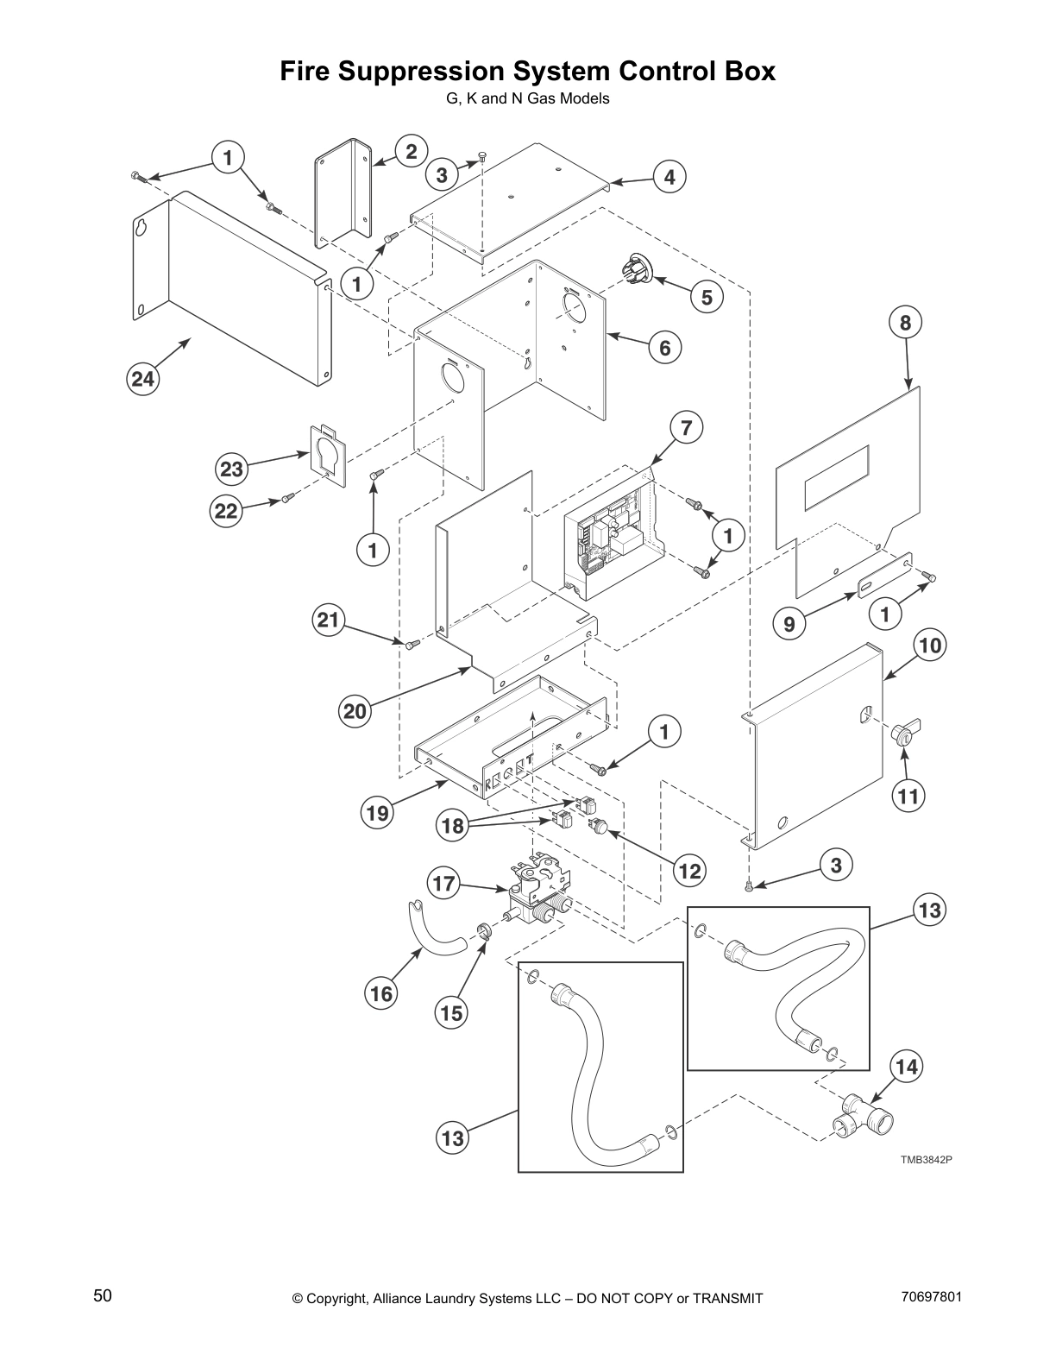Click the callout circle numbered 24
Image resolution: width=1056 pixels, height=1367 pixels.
tap(144, 379)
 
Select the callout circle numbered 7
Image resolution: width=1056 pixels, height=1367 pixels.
tap(686, 427)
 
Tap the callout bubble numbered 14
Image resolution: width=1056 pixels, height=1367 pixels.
tap(906, 1067)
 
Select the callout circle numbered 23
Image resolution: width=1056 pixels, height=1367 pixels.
tap(232, 469)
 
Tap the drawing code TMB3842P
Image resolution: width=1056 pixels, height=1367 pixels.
tap(926, 1160)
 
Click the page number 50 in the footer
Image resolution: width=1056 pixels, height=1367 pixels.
tap(103, 1295)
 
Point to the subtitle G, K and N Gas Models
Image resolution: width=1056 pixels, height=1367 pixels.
tap(527, 98)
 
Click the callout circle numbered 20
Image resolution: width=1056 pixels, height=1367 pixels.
tap(355, 711)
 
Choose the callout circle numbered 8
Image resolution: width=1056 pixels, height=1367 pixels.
tap(905, 323)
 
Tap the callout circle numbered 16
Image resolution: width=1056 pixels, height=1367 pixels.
tap(380, 994)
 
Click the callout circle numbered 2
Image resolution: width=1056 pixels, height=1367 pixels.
tap(412, 152)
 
